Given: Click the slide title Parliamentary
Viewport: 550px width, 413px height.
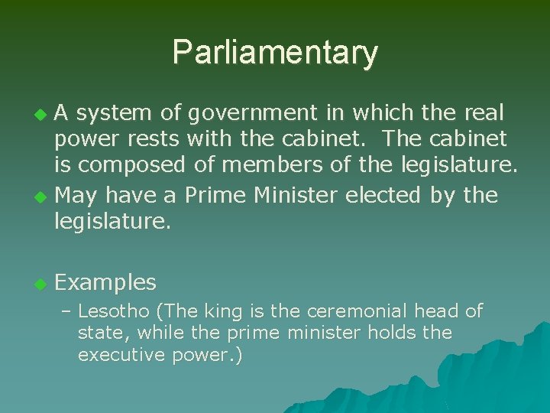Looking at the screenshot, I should pos(275,52).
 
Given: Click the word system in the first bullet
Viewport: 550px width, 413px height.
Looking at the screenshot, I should pos(115,113).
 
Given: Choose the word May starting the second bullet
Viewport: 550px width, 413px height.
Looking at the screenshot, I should pos(76,196).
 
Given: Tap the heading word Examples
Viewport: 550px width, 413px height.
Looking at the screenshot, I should pos(106,283).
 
